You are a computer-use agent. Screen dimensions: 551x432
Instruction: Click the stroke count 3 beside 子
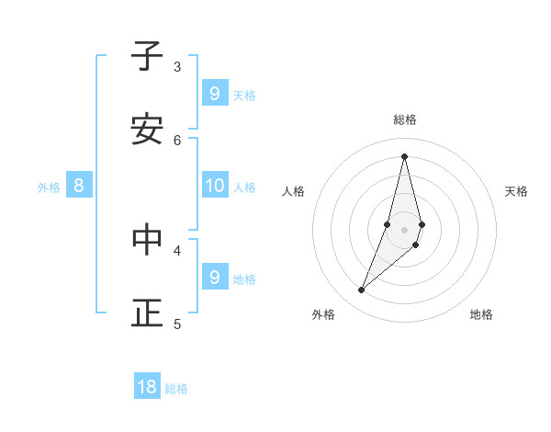(x=177, y=66)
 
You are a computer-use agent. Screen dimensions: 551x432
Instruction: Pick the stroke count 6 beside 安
(x=177, y=140)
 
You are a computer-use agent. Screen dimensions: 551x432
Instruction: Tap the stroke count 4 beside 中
(x=177, y=249)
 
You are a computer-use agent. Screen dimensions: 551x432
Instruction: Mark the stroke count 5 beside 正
(x=177, y=324)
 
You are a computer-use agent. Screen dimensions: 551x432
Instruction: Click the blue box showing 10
(x=214, y=186)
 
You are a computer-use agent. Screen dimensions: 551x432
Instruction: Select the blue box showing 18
(x=147, y=387)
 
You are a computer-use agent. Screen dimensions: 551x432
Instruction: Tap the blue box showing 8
(x=79, y=186)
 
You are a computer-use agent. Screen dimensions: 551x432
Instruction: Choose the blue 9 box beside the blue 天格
(x=214, y=93)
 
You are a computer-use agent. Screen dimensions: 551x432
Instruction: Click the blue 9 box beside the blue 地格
(x=214, y=277)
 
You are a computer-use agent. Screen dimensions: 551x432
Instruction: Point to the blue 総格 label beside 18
(x=176, y=389)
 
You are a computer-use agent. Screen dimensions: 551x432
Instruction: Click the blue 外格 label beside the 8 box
(x=49, y=188)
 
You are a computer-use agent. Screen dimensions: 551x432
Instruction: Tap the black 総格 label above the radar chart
(x=405, y=119)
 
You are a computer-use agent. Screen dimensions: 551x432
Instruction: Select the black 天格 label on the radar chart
(x=516, y=191)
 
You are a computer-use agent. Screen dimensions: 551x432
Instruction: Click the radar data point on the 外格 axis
(x=362, y=290)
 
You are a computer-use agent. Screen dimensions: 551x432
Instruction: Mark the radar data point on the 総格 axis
(x=404, y=156)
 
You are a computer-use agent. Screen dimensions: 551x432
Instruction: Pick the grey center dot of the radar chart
(x=404, y=229)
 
